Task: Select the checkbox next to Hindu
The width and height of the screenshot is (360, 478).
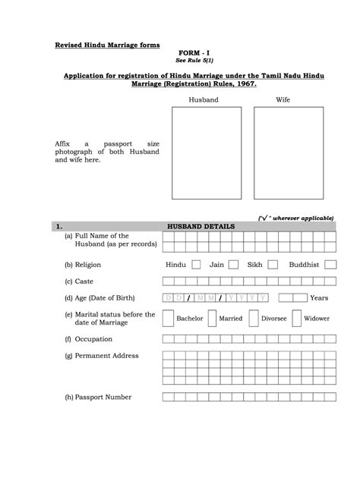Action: (196, 265)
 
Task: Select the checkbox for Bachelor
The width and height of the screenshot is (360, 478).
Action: (168, 319)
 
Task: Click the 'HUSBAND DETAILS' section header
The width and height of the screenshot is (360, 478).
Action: (201, 226)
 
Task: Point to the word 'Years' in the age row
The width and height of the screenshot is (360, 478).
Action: (319, 298)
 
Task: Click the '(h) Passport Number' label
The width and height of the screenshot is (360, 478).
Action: (98, 397)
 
